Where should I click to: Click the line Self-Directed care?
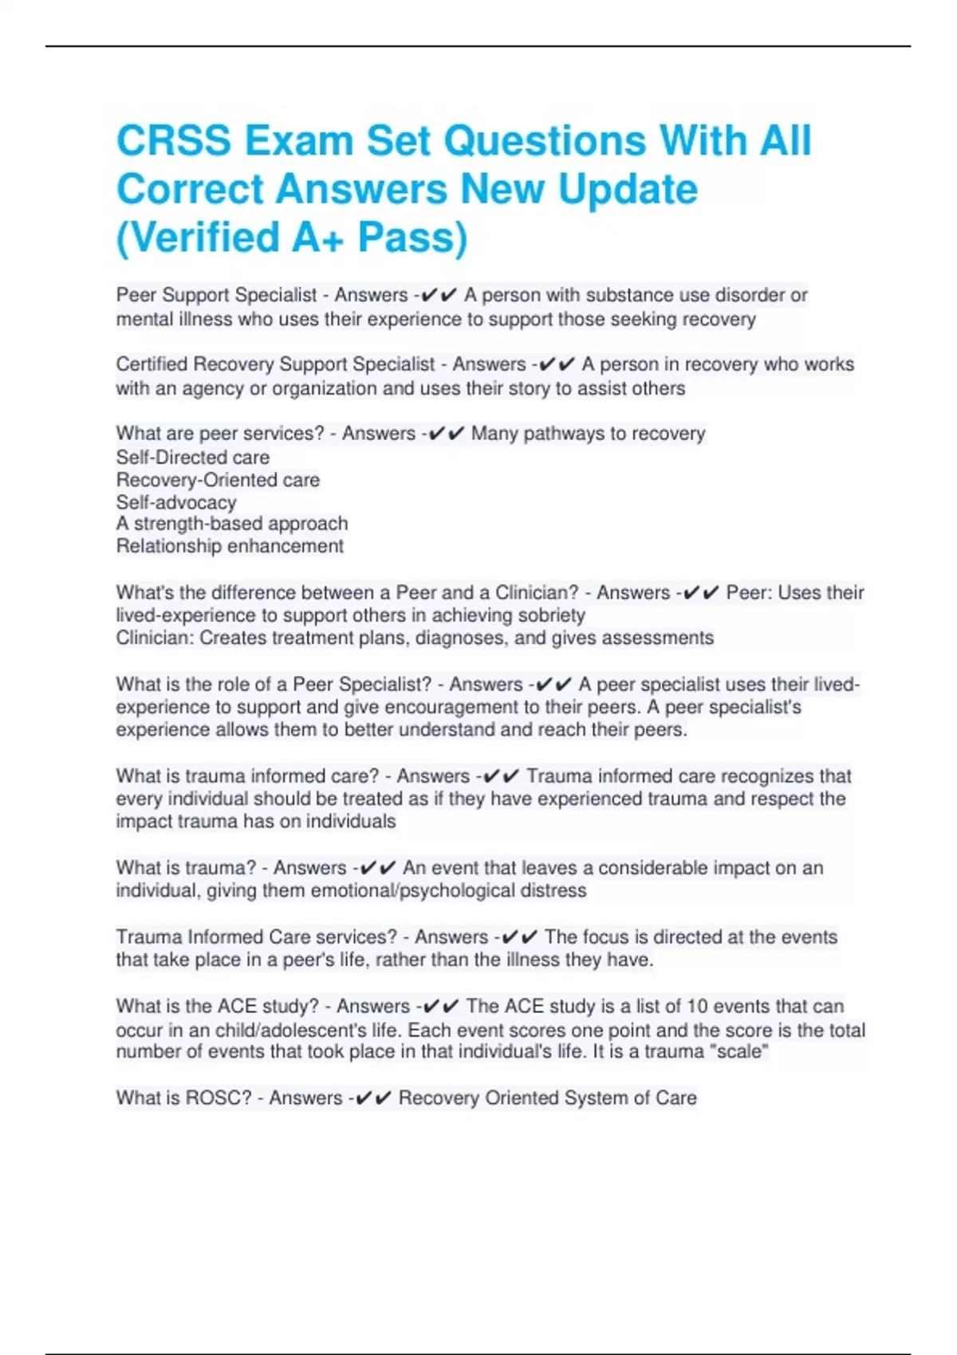point(193,458)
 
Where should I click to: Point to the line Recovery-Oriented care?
point(218,480)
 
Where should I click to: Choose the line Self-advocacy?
point(176,502)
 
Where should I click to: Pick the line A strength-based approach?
point(232,524)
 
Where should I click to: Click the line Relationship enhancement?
point(230,546)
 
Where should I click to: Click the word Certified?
point(152,364)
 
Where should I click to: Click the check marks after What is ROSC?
point(372,1098)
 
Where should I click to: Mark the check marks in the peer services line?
point(445,434)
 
